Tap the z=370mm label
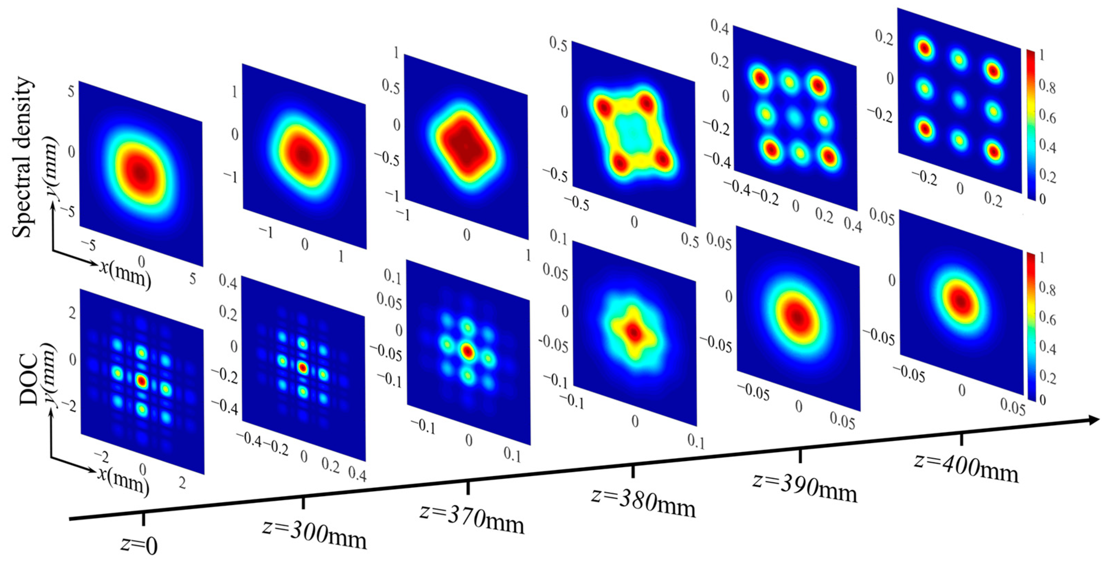coord(472,518)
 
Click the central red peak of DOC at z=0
coord(142,381)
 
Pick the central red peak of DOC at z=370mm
coord(467,351)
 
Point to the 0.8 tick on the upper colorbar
coord(1047,87)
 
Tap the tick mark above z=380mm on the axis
coord(633,471)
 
